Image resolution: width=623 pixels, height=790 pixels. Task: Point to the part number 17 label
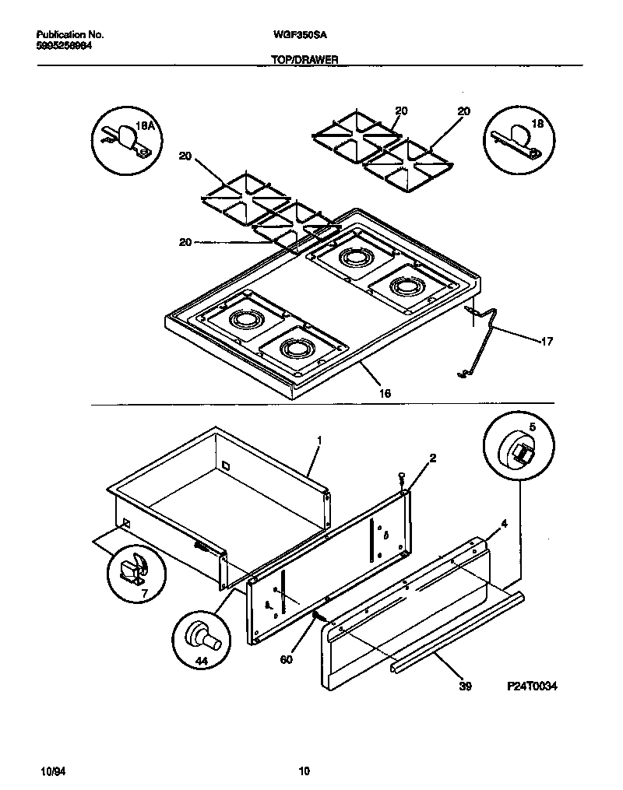click(x=547, y=340)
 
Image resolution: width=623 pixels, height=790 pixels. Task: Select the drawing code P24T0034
click(x=533, y=686)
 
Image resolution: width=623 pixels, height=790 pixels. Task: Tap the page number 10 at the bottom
click(x=304, y=771)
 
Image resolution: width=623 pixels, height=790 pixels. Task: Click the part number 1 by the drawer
click(x=319, y=440)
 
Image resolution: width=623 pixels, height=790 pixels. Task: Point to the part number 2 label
click(x=432, y=458)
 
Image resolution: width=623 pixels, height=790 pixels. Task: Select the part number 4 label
click(x=504, y=523)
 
